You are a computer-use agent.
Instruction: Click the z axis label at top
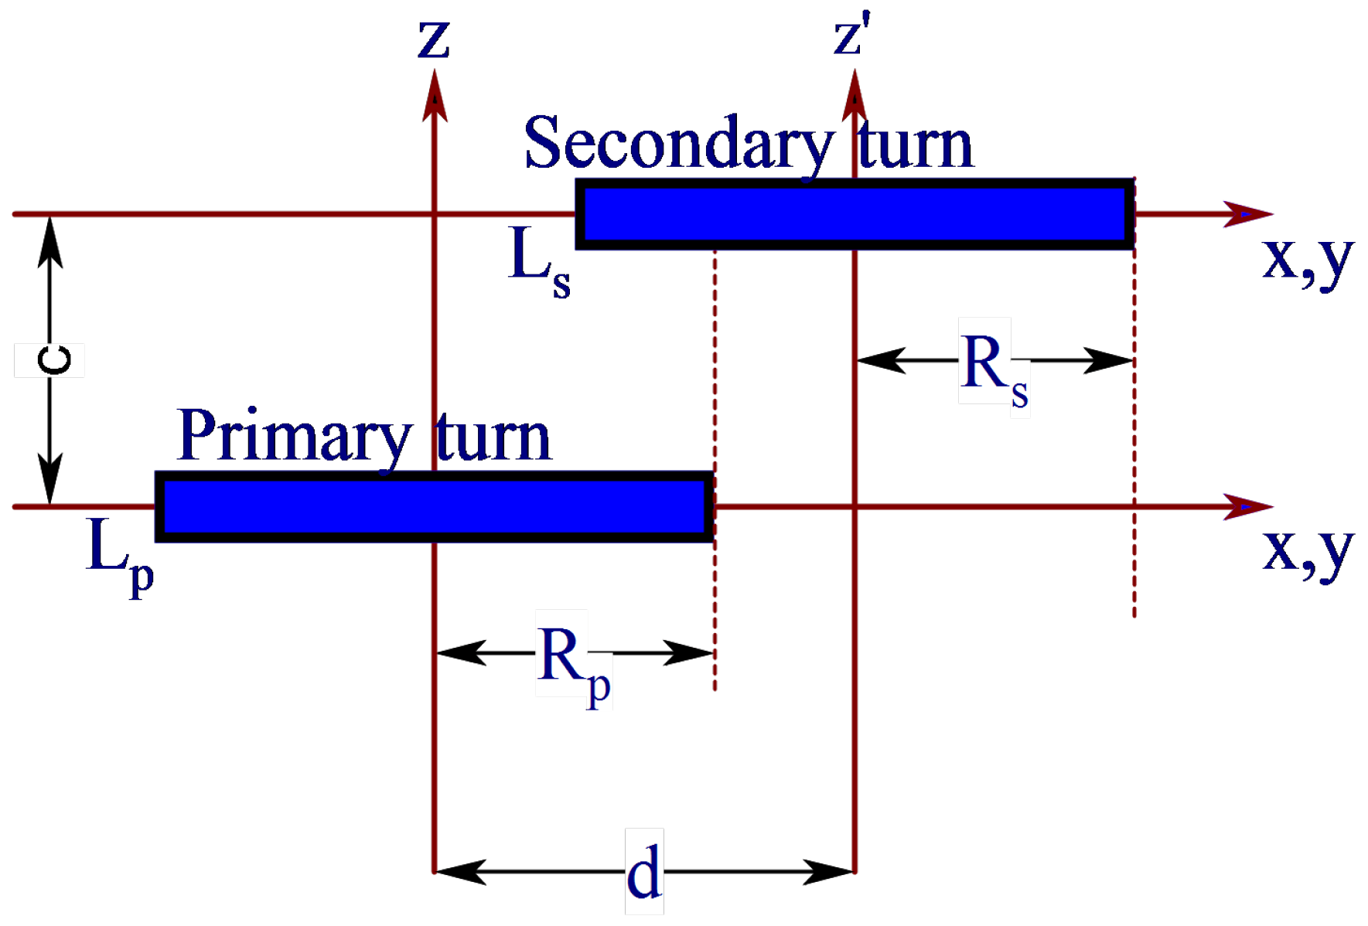pos(433,40)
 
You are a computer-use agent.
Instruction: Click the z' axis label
pos(851,37)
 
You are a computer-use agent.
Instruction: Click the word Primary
pos(294,437)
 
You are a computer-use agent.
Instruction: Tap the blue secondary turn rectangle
pos(855,214)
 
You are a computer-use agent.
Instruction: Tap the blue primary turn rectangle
pos(434,507)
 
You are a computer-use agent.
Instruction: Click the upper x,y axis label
pos(1307,259)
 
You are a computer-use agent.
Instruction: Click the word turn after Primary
pos(493,438)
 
